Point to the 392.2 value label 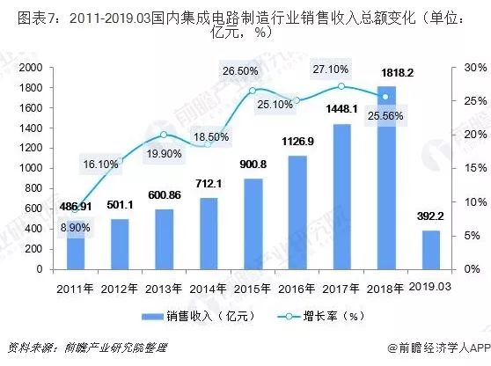tap(430, 216)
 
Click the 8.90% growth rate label tap(74, 228)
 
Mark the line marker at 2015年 tap(252, 91)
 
